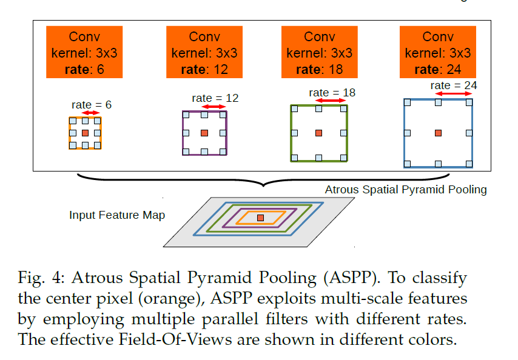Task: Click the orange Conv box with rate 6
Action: pyautogui.click(x=84, y=52)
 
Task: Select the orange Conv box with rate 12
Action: pyautogui.click(x=204, y=52)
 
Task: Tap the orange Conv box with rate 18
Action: pyautogui.click(x=319, y=52)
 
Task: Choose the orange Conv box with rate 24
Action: pyautogui.click(x=437, y=52)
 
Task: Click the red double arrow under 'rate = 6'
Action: pyautogui.click(x=92, y=113)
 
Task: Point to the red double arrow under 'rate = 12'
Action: pyautogui.click(x=214, y=107)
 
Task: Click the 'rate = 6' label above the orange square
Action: pyautogui.click(x=91, y=104)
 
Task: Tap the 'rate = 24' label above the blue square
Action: pyautogui.click(x=454, y=85)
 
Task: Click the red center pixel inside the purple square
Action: pyautogui.click(x=204, y=133)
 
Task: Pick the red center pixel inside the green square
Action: pyautogui.click(x=319, y=133)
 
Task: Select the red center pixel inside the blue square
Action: pyautogui.click(x=438, y=133)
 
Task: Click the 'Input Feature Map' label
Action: pyautogui.click(x=117, y=215)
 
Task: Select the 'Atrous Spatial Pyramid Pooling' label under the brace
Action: pyautogui.click(x=406, y=190)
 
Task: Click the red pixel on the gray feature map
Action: pyautogui.click(x=260, y=218)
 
